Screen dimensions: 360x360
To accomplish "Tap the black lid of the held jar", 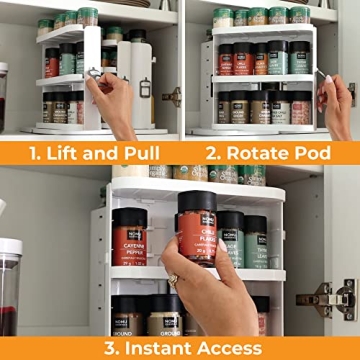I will click(x=196, y=198).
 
